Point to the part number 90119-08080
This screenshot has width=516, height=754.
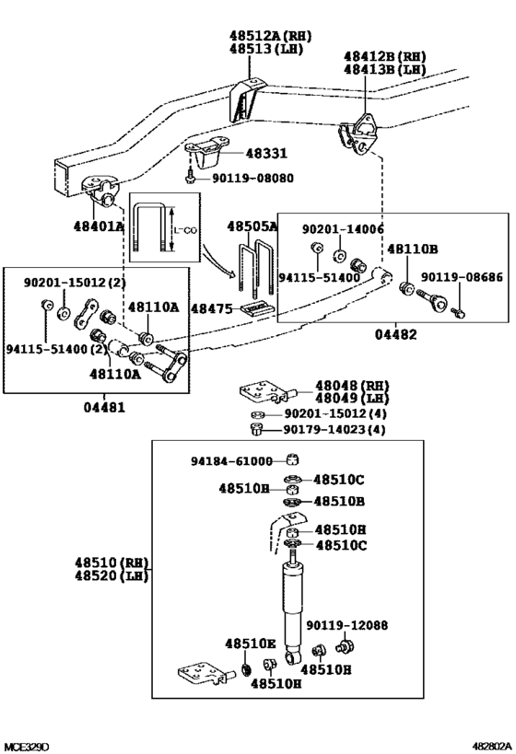pyautogui.click(x=252, y=179)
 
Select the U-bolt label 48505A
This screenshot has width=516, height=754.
pyautogui.click(x=252, y=226)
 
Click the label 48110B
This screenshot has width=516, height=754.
pyautogui.click(x=412, y=249)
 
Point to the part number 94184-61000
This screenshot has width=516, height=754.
pyautogui.click(x=232, y=461)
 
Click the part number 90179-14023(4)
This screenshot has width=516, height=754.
pyautogui.click(x=335, y=429)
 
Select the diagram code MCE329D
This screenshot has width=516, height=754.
pyautogui.click(x=26, y=745)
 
